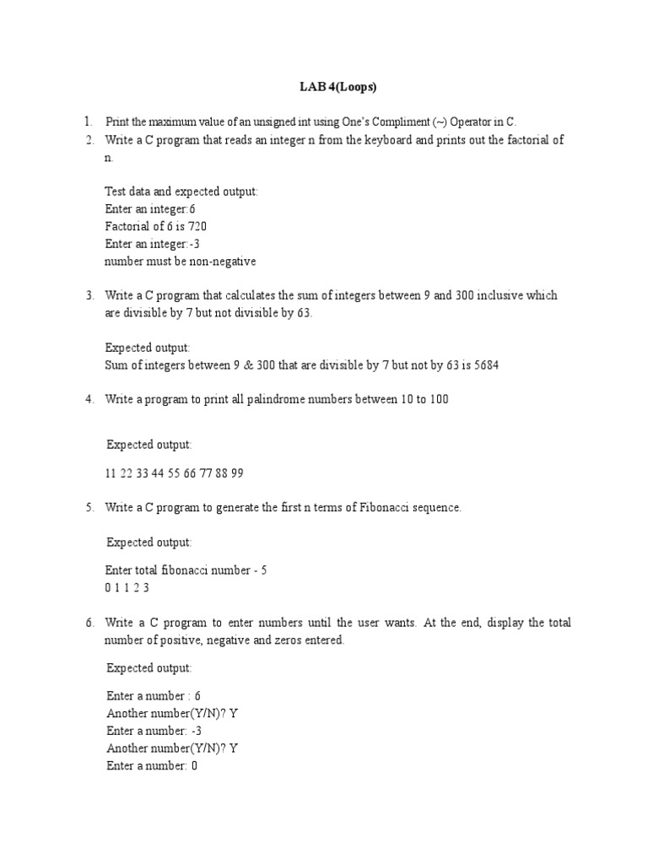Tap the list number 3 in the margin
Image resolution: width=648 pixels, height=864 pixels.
pyautogui.click(x=89, y=295)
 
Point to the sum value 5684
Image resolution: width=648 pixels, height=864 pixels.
pyautogui.click(x=494, y=364)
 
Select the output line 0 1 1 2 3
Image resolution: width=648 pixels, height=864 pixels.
pyautogui.click(x=127, y=588)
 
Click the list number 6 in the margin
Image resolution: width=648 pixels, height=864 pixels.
pyautogui.click(x=89, y=623)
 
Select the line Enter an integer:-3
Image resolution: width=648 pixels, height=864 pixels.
pyautogui.click(x=152, y=244)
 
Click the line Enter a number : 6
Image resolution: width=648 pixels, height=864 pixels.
pyautogui.click(x=154, y=696)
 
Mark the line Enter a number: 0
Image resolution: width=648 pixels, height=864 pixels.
pyautogui.click(x=152, y=766)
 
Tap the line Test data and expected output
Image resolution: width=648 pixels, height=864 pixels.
pyautogui.click(x=181, y=192)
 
